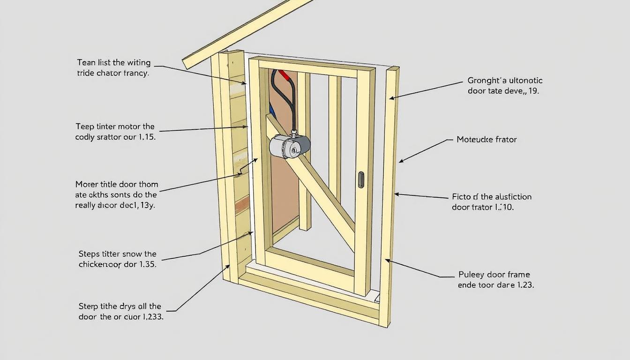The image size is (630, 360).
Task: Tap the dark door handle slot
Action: (x=360, y=180)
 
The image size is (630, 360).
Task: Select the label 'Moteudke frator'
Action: (x=487, y=139)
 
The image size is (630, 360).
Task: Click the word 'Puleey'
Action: (x=472, y=275)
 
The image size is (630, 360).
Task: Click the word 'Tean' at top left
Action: (x=86, y=62)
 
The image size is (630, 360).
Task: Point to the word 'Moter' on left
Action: (x=86, y=184)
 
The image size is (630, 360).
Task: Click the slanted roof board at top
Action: (x=244, y=33)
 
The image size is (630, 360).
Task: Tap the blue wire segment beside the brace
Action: (x=271, y=111)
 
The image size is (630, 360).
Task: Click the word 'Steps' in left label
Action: (x=89, y=254)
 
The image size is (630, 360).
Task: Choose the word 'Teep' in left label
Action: (x=85, y=127)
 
